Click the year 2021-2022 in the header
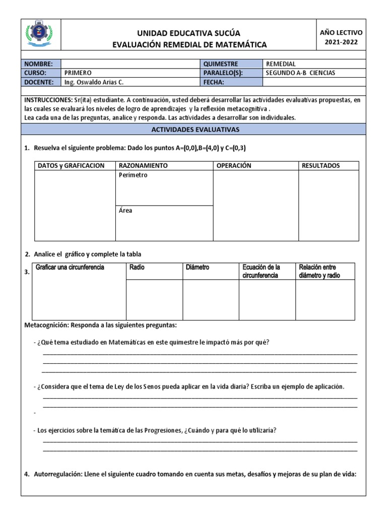pyautogui.click(x=341, y=42)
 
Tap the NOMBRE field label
pyautogui.click(x=38, y=64)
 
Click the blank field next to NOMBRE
pyautogui.click(x=130, y=64)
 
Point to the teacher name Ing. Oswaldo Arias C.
pyautogui.click(x=94, y=82)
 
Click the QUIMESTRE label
pyautogui.click(x=220, y=64)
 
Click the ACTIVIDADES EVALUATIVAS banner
pyautogui.click(x=195, y=130)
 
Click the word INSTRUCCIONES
pyautogui.click(x=45, y=100)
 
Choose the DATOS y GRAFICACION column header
pyautogui.click(x=72, y=166)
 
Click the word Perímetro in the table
pyautogui.click(x=133, y=175)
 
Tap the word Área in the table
pyautogui.click(x=125, y=211)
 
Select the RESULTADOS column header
pyautogui.click(x=320, y=166)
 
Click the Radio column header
pyautogui.click(x=137, y=267)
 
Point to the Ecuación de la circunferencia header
pyautogui.click(x=261, y=271)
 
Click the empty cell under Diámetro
pyautogui.click(x=210, y=299)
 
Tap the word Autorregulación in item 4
pyautogui.click(x=57, y=474)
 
